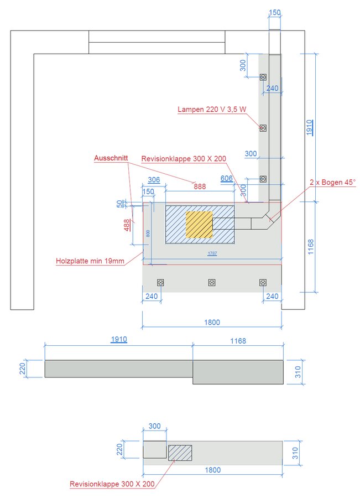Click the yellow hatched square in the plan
coord(199,224)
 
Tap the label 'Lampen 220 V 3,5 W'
coord(212,110)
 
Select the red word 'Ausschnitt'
coord(111,158)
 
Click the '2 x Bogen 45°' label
coord(333,182)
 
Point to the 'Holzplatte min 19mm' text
coord(90,261)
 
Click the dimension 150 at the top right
coord(275,12)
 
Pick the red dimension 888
coord(200,186)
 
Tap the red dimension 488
coord(127,225)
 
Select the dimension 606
coord(227,178)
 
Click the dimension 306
coord(154,180)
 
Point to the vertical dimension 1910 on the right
coord(310,127)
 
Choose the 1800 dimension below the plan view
coord(212,322)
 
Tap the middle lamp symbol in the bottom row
coord(212,282)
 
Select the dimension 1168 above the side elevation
coord(238,341)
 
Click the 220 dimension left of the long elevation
coord(23,368)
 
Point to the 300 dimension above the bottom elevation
coord(154,427)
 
